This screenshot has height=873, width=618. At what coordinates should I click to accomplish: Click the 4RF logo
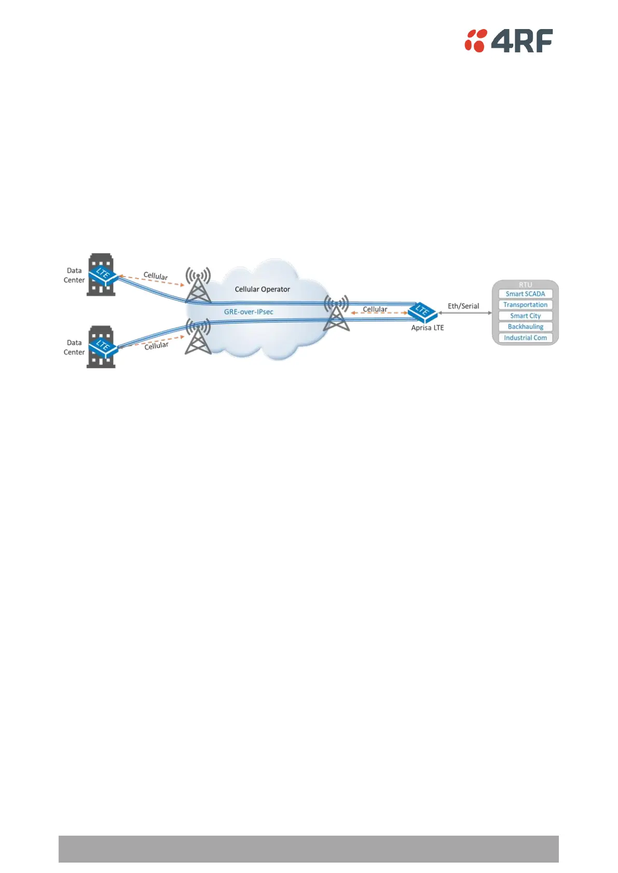pyautogui.click(x=509, y=40)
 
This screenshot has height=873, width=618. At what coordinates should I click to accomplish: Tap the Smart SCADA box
pyautogui.click(x=525, y=294)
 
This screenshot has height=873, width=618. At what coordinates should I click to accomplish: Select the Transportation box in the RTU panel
pyautogui.click(x=525, y=304)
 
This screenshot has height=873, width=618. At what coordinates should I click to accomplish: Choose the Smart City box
pyautogui.click(x=525, y=315)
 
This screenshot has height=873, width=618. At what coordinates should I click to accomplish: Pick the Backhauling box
pyautogui.click(x=525, y=327)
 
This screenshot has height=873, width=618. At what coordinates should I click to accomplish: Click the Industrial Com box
pyautogui.click(x=525, y=338)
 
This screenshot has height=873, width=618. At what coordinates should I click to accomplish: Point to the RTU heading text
pyautogui.click(x=525, y=285)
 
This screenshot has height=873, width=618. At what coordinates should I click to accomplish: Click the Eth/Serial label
pyautogui.click(x=463, y=306)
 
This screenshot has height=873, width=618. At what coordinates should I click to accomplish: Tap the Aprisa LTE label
pyautogui.click(x=428, y=328)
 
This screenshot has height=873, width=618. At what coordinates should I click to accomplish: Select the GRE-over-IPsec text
pyautogui.click(x=249, y=312)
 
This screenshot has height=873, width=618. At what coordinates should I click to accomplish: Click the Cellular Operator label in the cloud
pyautogui.click(x=262, y=289)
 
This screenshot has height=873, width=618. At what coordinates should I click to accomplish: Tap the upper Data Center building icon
pyautogui.click(x=100, y=274)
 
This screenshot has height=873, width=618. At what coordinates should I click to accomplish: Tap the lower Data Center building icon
pyautogui.click(x=100, y=347)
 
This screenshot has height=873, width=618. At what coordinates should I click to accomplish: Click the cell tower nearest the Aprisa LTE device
pyautogui.click(x=336, y=313)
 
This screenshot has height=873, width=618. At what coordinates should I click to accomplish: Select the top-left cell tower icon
pyautogui.click(x=198, y=285)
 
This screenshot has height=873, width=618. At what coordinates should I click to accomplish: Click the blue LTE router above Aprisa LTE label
pyautogui.click(x=422, y=311)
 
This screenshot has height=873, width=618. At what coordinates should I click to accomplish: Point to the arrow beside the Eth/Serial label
pyautogui.click(x=465, y=313)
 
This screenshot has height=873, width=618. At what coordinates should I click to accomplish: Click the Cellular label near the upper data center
pyautogui.click(x=156, y=276)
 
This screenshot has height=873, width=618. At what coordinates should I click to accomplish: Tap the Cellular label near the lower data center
pyautogui.click(x=156, y=345)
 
